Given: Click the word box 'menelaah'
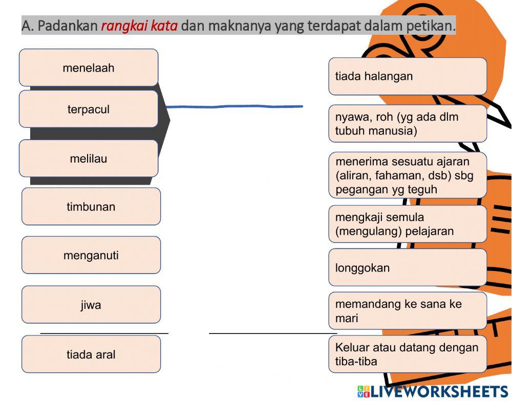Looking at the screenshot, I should tap(89, 68).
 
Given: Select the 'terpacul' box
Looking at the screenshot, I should tap(89, 109).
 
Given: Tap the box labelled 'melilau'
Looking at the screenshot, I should tap(89, 159).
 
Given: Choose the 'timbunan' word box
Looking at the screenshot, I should tap(91, 207).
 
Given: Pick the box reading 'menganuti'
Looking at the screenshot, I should tap(91, 255).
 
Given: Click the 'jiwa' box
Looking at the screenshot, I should tap(91, 305).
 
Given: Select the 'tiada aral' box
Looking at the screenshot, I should tap(91, 354).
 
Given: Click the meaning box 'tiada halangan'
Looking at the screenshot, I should tap(408, 76).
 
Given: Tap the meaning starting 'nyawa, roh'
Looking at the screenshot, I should tap(408, 124).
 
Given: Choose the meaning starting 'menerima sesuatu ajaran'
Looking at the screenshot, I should tap(408, 175).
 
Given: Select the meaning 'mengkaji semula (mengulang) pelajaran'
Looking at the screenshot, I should tap(408, 224).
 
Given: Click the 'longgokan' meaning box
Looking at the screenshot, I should tap(408, 267).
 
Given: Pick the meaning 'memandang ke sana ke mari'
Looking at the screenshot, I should tap(408, 311).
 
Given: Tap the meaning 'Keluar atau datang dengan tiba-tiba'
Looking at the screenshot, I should tap(408, 354).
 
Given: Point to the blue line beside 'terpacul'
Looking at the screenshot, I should tap(236, 107).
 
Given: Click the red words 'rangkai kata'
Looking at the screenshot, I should tap(139, 26).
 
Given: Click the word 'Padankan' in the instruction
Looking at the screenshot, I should tap(68, 26).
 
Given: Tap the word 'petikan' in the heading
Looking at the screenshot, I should tap(430, 26).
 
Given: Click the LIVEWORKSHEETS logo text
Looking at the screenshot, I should tap(439, 392).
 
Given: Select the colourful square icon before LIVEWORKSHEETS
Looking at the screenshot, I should tap(364, 392).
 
